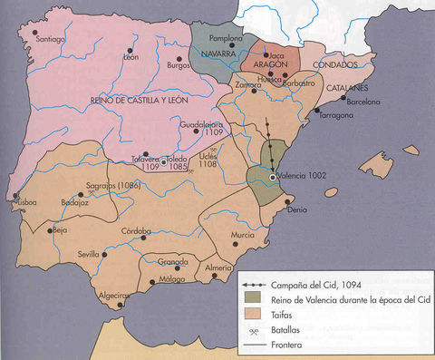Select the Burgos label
click(180, 65)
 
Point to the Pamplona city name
click(227, 40)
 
